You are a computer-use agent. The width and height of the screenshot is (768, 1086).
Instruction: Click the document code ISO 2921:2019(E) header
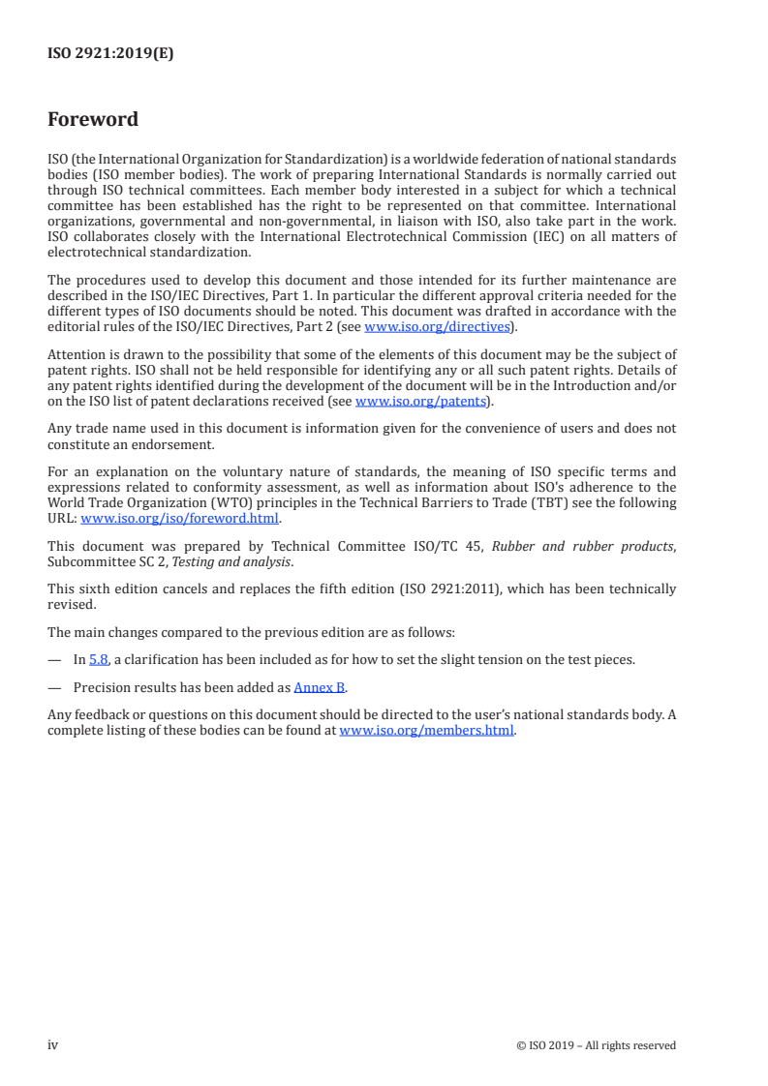tap(110, 54)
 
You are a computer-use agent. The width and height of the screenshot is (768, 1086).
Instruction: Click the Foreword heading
tap(93, 120)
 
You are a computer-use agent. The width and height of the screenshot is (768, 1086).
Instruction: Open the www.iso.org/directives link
tap(436, 327)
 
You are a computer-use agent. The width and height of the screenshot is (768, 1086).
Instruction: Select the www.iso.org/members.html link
tap(426, 731)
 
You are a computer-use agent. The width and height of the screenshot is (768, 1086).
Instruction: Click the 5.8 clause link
tap(98, 659)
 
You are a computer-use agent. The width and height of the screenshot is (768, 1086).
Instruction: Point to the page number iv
tap(53, 1044)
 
